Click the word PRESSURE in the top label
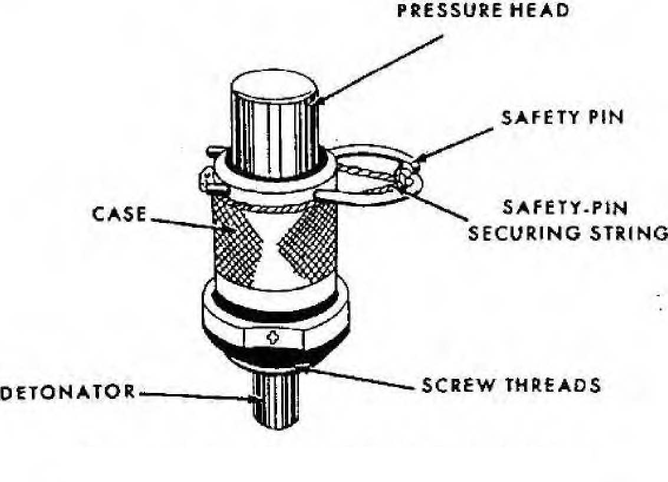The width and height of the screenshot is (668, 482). click(449, 11)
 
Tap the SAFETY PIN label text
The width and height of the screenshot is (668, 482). click(562, 117)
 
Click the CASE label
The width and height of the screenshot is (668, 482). click(119, 214)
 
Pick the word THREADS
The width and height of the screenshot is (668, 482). click(553, 385)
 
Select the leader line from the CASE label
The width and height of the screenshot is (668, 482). click(193, 225)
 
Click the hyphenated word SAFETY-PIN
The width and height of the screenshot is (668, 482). click(565, 208)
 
